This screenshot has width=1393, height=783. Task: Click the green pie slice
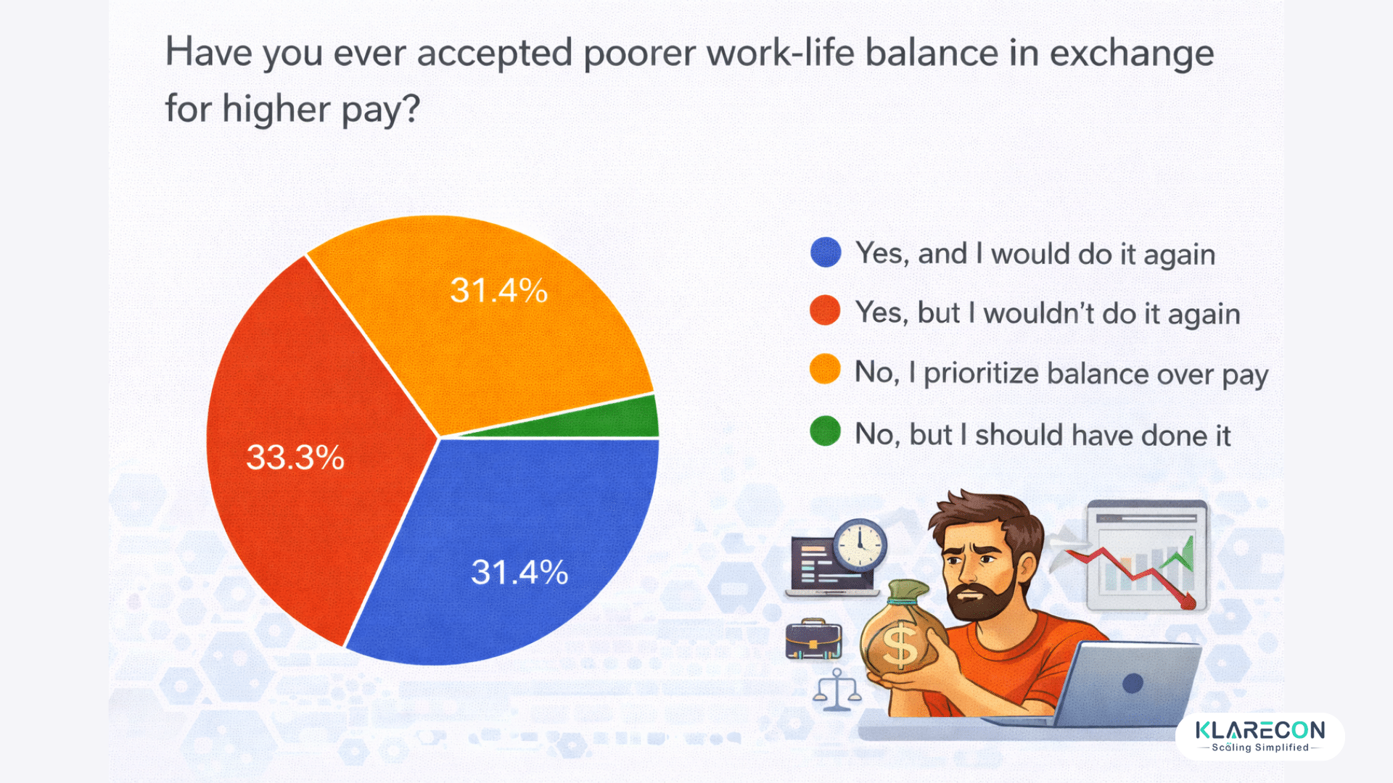tap(624, 420)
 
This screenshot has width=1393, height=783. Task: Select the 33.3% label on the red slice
tap(295, 457)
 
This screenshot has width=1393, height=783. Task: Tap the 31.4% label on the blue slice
tap(519, 572)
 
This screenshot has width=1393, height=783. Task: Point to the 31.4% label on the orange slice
tap(498, 291)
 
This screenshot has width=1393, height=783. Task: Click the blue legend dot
tap(826, 252)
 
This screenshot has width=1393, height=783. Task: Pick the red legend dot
tap(826, 311)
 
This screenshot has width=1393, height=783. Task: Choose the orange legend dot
tap(826, 370)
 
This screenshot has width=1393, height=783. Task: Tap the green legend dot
tap(826, 431)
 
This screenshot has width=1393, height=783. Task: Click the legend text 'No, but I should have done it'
tap(1043, 435)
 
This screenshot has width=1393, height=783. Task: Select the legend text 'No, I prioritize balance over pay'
tap(1061, 373)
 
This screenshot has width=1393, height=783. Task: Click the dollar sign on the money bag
tap(900, 645)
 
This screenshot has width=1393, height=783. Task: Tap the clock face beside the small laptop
tap(860, 544)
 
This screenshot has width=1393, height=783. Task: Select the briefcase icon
tap(813, 639)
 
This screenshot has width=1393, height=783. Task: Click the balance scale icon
tap(837, 689)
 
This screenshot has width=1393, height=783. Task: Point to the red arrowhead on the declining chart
tap(1187, 601)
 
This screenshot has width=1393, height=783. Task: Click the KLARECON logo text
tap(1260, 730)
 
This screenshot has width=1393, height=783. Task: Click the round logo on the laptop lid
tap(1133, 683)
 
